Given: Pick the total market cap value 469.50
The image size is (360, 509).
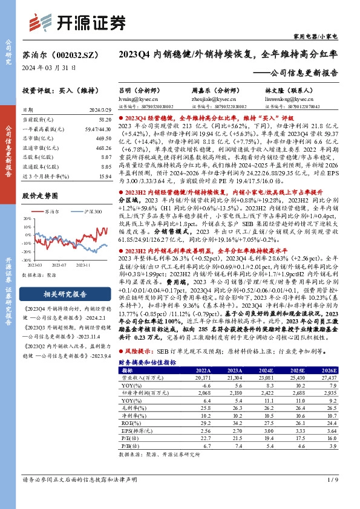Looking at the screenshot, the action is (103, 137).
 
